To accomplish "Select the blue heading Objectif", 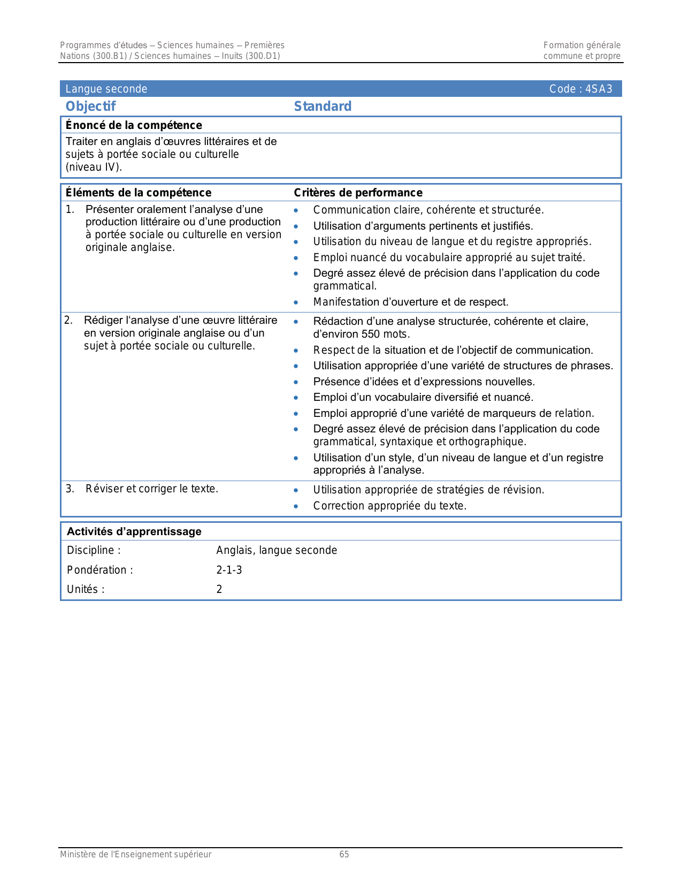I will (90, 106).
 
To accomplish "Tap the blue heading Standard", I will (323, 106).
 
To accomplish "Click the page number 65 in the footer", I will (344, 855).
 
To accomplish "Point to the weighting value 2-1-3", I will (229, 570).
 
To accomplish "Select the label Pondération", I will (99, 570).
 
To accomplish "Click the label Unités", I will (86, 589).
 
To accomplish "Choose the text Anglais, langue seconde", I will (277, 550).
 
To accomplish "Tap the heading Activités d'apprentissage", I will (134, 531).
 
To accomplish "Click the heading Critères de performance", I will (358, 193).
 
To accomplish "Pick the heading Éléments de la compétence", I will (138, 193).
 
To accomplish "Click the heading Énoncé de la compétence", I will (134, 125).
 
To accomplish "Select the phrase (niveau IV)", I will (94, 167).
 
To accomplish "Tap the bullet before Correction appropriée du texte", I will (296, 506).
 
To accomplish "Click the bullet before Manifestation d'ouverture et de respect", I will (296, 302).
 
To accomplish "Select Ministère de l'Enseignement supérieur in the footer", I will (135, 855).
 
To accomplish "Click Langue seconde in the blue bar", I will (106, 89).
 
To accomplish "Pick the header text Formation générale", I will (582, 45).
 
